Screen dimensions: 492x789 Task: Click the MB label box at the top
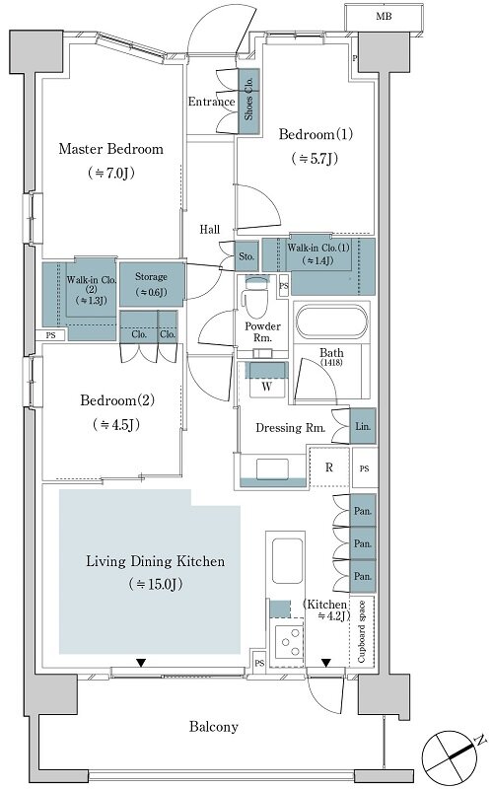[384, 17]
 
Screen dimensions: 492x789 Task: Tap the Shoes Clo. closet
[248, 102]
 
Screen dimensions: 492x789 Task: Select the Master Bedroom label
[110, 149]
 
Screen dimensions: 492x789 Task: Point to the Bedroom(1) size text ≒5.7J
[315, 159]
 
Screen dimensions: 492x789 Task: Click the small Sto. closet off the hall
[246, 256]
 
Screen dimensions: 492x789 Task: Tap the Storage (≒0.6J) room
[151, 284]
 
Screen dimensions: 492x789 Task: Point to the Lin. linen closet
[363, 426]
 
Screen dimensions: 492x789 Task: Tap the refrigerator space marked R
[329, 466]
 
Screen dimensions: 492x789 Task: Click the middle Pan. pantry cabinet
[363, 543]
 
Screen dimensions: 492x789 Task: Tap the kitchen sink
[287, 560]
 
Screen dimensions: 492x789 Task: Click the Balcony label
[213, 727]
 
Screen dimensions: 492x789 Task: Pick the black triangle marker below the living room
[141, 663]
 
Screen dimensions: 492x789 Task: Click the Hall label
[209, 230]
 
